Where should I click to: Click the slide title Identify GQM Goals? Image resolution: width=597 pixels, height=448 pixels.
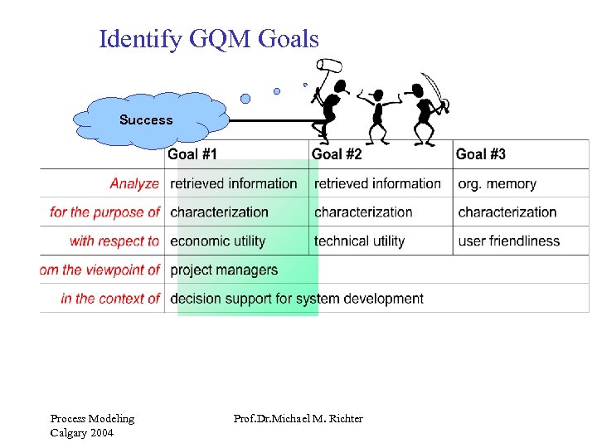pyautogui.click(x=208, y=39)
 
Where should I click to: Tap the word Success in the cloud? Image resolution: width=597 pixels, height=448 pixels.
pyautogui.click(x=146, y=120)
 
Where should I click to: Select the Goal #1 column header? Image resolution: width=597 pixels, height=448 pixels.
pyautogui.click(x=192, y=153)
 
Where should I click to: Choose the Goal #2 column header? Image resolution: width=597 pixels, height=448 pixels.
pyautogui.click(x=337, y=153)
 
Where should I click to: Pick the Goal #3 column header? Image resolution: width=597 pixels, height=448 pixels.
pyautogui.click(x=481, y=153)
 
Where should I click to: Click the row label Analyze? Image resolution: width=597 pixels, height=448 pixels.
pyautogui.click(x=134, y=183)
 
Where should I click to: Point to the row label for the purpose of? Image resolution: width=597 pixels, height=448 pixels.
pyautogui.click(x=104, y=212)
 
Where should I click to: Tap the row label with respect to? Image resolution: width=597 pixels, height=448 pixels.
pyautogui.click(x=114, y=241)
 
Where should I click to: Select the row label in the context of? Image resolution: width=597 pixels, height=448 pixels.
pyautogui.click(x=110, y=299)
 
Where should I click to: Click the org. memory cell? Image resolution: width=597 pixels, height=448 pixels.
pyautogui.click(x=497, y=183)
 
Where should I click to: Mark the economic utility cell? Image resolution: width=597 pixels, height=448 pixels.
pyautogui.click(x=217, y=241)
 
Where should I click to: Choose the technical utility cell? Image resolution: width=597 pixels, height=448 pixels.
pyautogui.click(x=359, y=241)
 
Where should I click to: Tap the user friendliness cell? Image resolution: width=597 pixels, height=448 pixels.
pyautogui.click(x=508, y=241)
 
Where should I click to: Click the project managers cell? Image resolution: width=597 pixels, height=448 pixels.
pyautogui.click(x=224, y=270)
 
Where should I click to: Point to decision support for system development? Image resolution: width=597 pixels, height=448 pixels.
pyautogui.click(x=297, y=299)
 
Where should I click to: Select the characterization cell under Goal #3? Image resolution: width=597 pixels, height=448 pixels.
pyautogui.click(x=507, y=212)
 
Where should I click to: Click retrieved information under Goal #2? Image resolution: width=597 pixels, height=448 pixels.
pyautogui.click(x=377, y=183)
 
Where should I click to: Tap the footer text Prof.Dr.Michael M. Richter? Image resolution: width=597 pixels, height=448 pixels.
pyautogui.click(x=298, y=419)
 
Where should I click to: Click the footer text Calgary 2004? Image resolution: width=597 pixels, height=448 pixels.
pyautogui.click(x=82, y=433)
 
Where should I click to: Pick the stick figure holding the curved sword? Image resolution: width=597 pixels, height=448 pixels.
pyautogui.click(x=430, y=110)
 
